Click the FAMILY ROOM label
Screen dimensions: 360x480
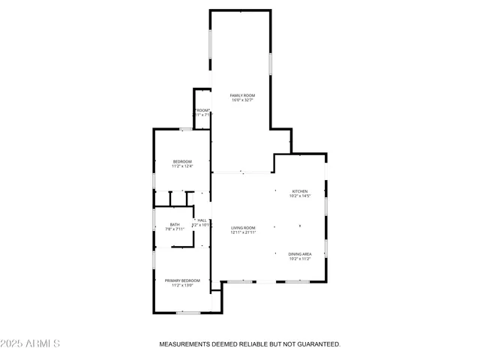pos(242,95)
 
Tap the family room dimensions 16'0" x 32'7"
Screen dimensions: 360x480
pos(242,100)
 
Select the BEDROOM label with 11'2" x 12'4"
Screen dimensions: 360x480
pos(182,162)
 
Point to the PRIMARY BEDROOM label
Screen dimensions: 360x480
pos(182,280)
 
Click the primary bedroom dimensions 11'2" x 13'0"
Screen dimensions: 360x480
pos(182,286)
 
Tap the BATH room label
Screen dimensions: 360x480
pos(174,224)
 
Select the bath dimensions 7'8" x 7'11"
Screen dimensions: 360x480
pos(174,229)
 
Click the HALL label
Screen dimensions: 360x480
pos(202,220)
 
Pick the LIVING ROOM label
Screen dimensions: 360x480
pos(243,227)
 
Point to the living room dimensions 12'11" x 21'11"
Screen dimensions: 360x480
pos(243,232)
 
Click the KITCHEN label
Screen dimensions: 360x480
pos(300,191)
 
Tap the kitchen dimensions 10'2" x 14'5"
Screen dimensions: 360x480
pos(300,196)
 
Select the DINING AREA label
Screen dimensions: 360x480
pos(300,254)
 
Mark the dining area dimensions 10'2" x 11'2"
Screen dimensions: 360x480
pos(300,259)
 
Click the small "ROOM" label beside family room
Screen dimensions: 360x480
pos(202,110)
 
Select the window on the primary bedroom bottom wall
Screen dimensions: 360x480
pos(187,312)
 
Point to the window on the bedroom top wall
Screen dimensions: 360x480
pos(186,129)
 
